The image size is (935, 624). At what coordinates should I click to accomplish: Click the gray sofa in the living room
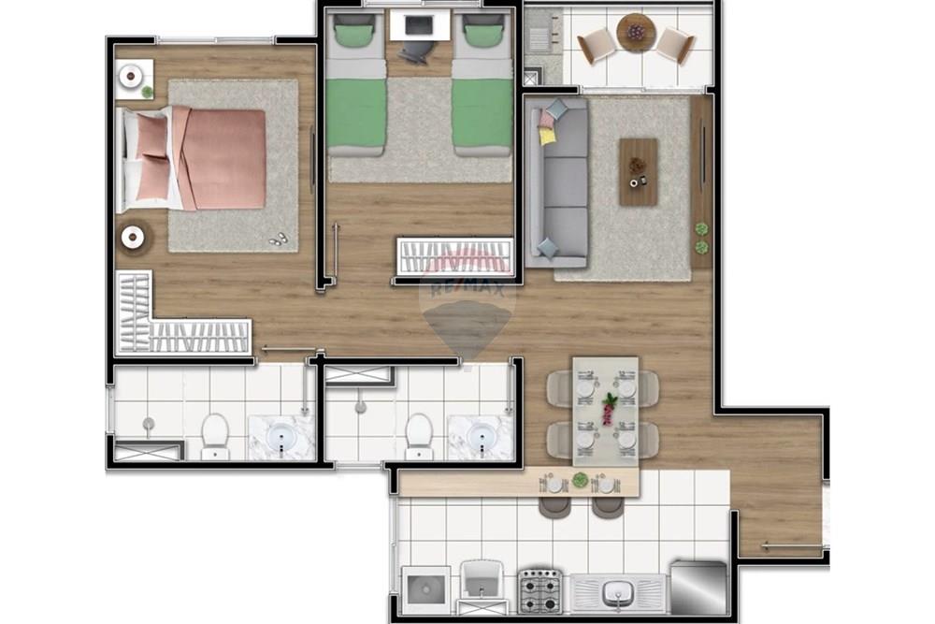558,182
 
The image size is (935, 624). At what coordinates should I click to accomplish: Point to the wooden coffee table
638,171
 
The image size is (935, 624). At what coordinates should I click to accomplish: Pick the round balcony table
636,34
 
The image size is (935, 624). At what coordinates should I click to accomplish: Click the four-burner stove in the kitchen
539,590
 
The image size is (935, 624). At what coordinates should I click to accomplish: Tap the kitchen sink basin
617,592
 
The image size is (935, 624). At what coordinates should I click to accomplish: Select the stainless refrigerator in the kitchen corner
698,588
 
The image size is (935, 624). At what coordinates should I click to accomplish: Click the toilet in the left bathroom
215,434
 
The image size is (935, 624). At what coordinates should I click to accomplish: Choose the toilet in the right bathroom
418,434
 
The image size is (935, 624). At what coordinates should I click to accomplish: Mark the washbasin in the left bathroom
281,437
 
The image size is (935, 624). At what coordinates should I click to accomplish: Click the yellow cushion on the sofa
547,136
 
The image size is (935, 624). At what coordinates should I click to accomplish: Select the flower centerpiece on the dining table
609,406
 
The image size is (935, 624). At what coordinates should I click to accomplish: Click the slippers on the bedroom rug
279,239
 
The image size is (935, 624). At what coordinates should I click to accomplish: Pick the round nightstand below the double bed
133,238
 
